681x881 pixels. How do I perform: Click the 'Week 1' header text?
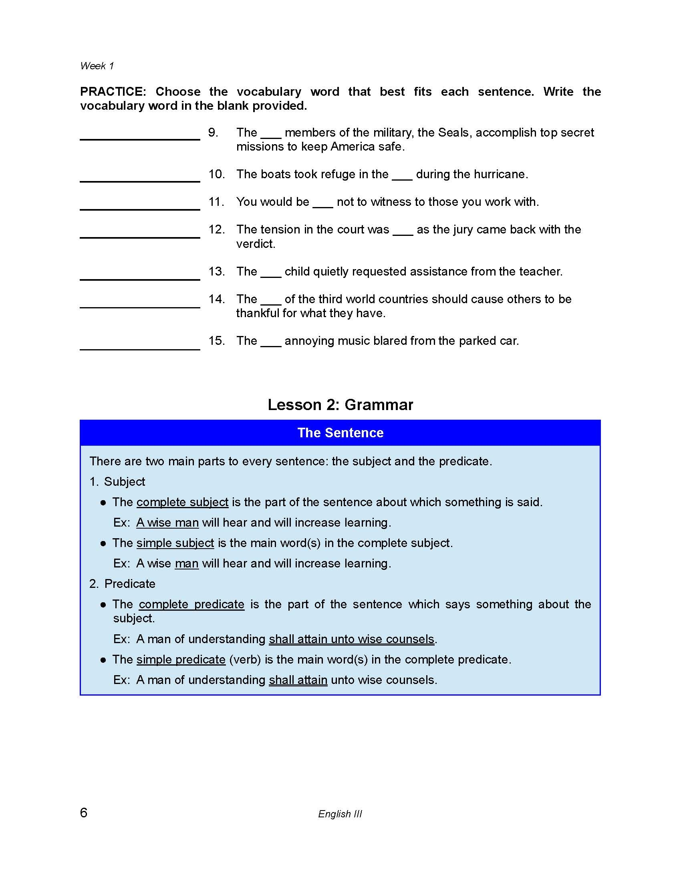[x=97, y=66]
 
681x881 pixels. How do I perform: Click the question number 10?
[x=216, y=174]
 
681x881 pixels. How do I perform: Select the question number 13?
[x=216, y=272]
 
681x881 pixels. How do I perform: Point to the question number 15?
[x=216, y=341]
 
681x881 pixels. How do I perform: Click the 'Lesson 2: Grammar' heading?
[x=340, y=404]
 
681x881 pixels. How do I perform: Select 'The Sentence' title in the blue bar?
[x=340, y=433]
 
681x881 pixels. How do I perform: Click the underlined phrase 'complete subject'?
[x=182, y=502]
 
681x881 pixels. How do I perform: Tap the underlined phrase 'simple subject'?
[x=175, y=543]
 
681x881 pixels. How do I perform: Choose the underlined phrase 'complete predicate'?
[x=191, y=604]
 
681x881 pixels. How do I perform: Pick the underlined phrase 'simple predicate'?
[x=181, y=660]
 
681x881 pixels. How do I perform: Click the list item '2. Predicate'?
[x=122, y=584]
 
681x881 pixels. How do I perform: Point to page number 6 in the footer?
[x=83, y=813]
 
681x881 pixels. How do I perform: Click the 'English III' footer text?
[x=340, y=814]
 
